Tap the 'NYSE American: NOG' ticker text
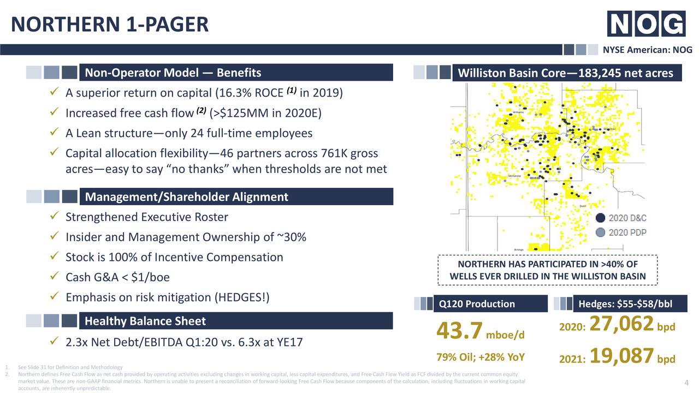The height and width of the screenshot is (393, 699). point(647,50)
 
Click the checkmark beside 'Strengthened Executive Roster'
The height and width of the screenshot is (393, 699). point(55,217)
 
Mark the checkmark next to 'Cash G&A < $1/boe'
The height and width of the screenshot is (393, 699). point(55,277)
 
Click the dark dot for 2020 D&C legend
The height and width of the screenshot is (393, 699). point(600,217)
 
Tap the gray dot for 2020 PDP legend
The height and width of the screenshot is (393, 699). point(600,232)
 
